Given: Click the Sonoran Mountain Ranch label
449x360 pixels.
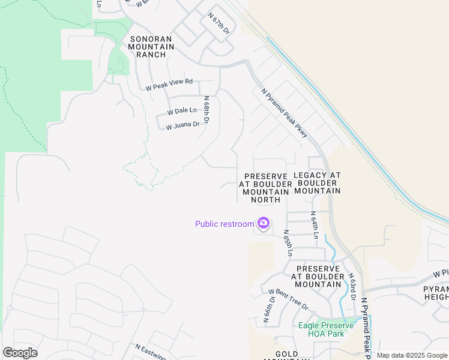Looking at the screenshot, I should tap(151, 47).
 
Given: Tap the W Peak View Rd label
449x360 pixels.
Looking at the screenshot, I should tap(169, 85).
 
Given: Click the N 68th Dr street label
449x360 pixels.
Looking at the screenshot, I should tap(206, 110).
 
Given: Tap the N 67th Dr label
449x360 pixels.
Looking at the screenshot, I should tap(218, 23).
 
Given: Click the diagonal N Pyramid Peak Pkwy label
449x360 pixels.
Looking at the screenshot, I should tap(285, 113).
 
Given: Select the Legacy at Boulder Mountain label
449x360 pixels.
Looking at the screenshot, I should tap(318, 183).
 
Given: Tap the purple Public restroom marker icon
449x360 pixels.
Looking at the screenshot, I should tap(263, 224).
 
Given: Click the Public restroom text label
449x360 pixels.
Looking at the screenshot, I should tap(224, 224).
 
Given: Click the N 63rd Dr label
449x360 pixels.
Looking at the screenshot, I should tap(354, 287).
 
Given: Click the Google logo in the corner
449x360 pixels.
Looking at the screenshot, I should tap(20, 353).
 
